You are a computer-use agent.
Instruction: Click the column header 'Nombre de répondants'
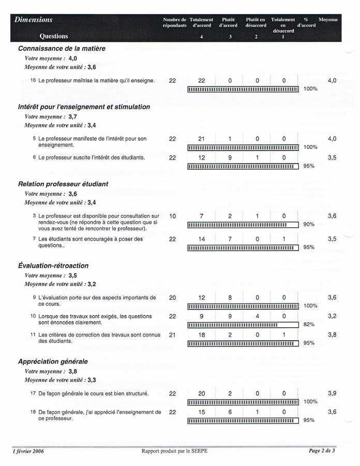click(174, 22)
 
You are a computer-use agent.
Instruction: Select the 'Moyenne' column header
click(328, 20)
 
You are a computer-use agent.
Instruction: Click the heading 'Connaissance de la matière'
click(62, 48)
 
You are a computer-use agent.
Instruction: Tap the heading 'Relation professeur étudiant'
click(63, 184)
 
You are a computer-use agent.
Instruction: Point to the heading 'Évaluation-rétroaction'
click(53, 266)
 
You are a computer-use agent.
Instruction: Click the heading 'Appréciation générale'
click(53, 361)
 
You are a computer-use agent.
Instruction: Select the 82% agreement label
click(309, 325)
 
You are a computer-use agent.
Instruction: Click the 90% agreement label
click(309, 224)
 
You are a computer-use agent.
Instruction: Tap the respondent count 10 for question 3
click(172, 216)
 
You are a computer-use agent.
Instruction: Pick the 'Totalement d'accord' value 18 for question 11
click(202, 335)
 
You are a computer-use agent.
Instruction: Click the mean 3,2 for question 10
click(332, 316)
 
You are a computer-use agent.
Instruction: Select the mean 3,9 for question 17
click(332, 394)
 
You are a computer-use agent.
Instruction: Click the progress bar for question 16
click(243, 89)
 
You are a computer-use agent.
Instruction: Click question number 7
click(34, 239)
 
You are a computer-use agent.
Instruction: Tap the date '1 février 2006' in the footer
click(28, 451)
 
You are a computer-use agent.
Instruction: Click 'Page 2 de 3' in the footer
click(322, 451)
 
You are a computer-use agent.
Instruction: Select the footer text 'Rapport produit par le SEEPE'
click(175, 451)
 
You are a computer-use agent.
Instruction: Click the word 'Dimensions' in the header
click(34, 20)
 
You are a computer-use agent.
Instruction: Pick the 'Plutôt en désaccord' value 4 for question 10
click(257, 316)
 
